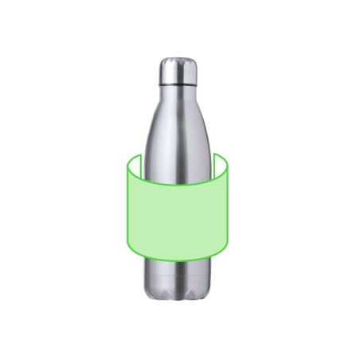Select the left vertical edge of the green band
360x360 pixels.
pyautogui.click(x=127, y=207)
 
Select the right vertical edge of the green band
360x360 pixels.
pyautogui.click(x=229, y=207)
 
